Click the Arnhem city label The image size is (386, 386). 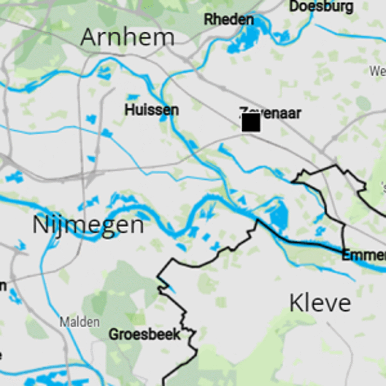[127, 37]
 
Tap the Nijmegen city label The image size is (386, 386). [88, 225]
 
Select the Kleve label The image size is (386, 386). [320, 303]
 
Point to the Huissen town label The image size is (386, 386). [152, 110]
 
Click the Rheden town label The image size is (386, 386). [229, 20]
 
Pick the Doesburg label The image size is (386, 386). [321, 7]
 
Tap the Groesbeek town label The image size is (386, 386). [144, 334]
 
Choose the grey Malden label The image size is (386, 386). [80, 322]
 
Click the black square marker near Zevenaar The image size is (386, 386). [251, 123]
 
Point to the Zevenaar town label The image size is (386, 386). [271, 113]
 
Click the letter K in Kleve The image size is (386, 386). [295, 303]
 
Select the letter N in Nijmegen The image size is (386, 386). [41, 225]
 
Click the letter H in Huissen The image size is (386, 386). [129, 110]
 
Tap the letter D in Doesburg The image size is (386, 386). [294, 7]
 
